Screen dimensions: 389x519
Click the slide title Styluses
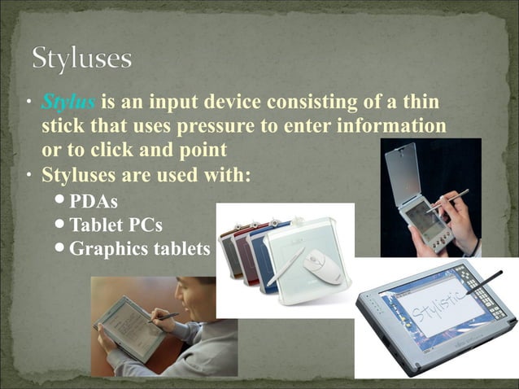click(x=81, y=59)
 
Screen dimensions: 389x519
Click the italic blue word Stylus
click(x=68, y=103)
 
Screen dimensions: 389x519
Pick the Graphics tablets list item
click(x=139, y=249)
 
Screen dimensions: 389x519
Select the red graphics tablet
click(x=241, y=252)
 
